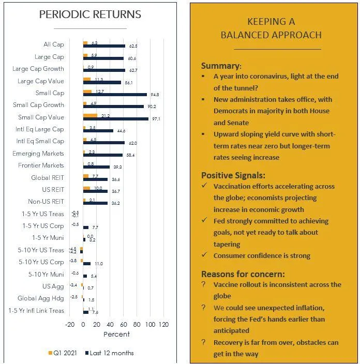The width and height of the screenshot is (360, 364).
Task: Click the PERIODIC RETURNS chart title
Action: click(x=90, y=14)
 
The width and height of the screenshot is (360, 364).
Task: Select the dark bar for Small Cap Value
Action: click(x=116, y=119)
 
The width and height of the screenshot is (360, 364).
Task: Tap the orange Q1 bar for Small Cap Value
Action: click(x=90, y=115)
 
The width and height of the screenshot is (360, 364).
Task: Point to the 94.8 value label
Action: click(x=154, y=95)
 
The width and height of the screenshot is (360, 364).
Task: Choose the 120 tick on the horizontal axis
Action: click(x=164, y=325)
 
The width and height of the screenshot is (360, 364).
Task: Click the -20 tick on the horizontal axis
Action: click(x=70, y=325)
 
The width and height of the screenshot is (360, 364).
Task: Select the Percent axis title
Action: click(x=117, y=335)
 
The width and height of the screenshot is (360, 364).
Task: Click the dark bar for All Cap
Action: click(x=104, y=47)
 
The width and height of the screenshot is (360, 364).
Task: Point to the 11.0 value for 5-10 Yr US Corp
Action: click(x=99, y=264)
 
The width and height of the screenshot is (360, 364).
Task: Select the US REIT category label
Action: click(x=53, y=190)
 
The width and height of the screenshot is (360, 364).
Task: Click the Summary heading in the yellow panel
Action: click(x=221, y=66)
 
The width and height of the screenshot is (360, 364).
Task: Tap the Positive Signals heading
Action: click(x=232, y=175)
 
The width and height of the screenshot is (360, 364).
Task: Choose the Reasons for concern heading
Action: click(x=243, y=274)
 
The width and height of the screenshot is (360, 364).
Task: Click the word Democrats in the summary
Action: click(x=231, y=111)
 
